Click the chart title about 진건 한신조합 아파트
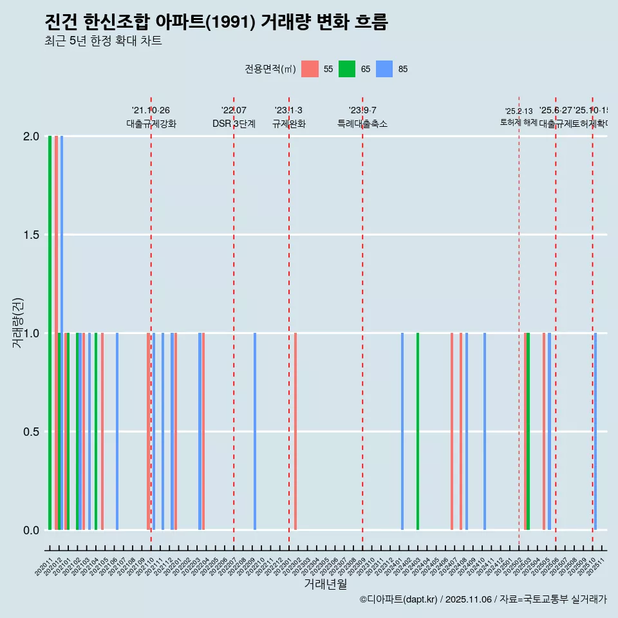tap(216, 23)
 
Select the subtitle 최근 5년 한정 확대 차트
tap(103, 41)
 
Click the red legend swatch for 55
tap(310, 69)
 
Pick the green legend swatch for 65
tap(348, 69)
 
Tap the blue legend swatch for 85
tap(384, 69)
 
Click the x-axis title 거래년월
tap(325, 585)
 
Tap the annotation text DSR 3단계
tap(234, 124)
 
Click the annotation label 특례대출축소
tap(362, 124)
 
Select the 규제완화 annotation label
tap(288, 124)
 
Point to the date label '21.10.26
tap(151, 111)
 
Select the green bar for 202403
tap(418, 431)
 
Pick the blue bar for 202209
tap(255, 431)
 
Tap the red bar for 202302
tap(295, 431)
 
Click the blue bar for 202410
tap(485, 431)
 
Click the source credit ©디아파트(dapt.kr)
tap(399, 599)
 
